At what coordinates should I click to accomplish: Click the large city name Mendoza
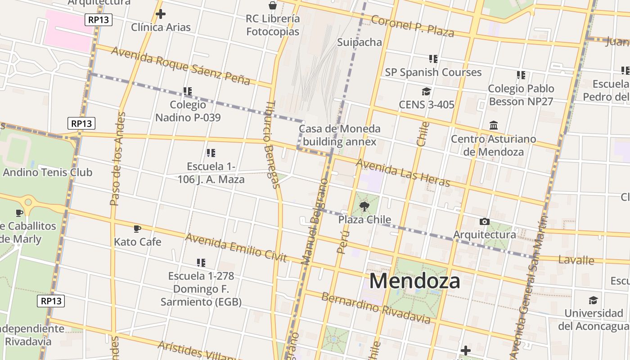pyautogui.click(x=414, y=281)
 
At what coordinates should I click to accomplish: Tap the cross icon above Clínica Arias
pyautogui.click(x=160, y=14)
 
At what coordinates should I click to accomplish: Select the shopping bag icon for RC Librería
pyautogui.click(x=273, y=5)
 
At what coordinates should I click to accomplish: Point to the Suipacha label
pyautogui.click(x=360, y=42)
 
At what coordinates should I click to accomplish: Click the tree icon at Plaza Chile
pyautogui.click(x=364, y=207)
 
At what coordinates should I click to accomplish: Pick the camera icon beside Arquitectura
pyautogui.click(x=484, y=221)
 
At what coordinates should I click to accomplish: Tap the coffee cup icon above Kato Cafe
pyautogui.click(x=137, y=229)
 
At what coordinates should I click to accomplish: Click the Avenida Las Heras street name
pyautogui.click(x=403, y=172)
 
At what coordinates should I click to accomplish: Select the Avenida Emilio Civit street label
pyautogui.click(x=236, y=247)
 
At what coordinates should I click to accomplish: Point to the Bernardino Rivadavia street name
pyautogui.click(x=376, y=308)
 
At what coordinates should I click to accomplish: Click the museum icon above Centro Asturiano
pyautogui.click(x=493, y=125)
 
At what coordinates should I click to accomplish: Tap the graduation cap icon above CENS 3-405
pyautogui.click(x=426, y=92)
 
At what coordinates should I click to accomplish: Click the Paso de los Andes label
pyautogui.click(x=117, y=159)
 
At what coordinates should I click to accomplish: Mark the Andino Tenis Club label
pyautogui.click(x=47, y=172)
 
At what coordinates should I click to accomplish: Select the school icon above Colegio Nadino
pyautogui.click(x=188, y=91)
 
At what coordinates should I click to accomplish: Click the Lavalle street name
pyautogui.click(x=576, y=260)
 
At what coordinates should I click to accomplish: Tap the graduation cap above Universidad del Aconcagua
pyautogui.click(x=593, y=300)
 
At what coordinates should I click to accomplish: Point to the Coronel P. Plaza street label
pyautogui.click(x=412, y=26)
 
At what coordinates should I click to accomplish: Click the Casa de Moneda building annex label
pyautogui.click(x=340, y=135)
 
